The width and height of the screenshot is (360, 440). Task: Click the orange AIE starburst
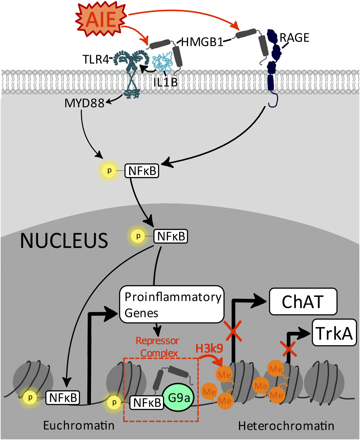(101, 19)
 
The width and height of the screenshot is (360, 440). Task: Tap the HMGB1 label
(202, 42)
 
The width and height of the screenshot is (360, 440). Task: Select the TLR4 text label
(96, 60)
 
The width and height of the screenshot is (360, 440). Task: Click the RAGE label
(294, 38)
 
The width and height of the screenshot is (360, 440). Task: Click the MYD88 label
(84, 103)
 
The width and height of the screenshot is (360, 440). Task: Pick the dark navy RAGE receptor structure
(272, 63)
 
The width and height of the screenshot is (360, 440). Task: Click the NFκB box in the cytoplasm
(142, 171)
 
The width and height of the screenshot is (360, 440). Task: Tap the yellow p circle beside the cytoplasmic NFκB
(109, 171)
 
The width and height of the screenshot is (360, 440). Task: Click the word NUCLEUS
(64, 241)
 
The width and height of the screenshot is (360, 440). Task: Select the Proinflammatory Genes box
(172, 304)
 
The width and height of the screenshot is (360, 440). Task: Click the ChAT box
(303, 302)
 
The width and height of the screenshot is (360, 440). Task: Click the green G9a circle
(179, 398)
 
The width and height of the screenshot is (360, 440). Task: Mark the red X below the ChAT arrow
(233, 331)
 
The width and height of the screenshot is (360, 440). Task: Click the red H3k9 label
(209, 348)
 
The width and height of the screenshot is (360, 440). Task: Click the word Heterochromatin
(286, 426)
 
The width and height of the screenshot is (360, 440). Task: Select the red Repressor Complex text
(158, 347)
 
